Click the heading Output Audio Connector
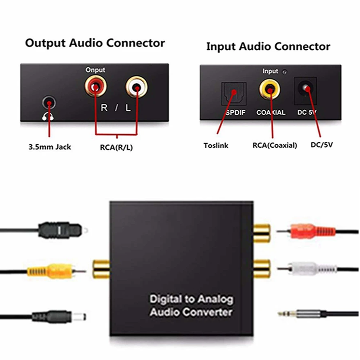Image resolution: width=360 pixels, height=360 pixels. [x=95, y=43]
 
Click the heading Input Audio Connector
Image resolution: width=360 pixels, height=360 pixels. [x=268, y=46]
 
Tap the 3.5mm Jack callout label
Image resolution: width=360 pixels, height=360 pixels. [x=50, y=147]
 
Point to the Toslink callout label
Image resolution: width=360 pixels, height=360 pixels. [x=216, y=145]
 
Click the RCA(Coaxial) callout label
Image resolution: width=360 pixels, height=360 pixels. [x=275, y=145]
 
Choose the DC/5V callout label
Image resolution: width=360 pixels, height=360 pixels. [x=321, y=145]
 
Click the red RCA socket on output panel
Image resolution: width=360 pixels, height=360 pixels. [x=95, y=86]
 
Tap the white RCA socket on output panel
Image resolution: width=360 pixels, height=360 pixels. [x=136, y=86]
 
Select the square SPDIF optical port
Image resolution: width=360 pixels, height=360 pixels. [x=234, y=93]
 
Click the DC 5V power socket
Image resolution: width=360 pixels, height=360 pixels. [x=305, y=89]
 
